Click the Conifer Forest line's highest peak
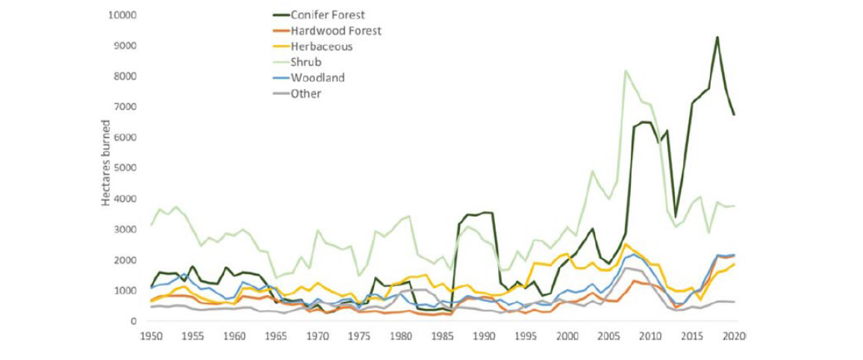pyautogui.click(x=717, y=37)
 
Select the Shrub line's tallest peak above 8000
pyautogui.click(x=626, y=71)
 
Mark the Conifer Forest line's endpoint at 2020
pyautogui.click(x=734, y=114)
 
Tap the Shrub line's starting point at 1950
pyautogui.click(x=152, y=225)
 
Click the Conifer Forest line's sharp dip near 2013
pyautogui.click(x=676, y=217)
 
